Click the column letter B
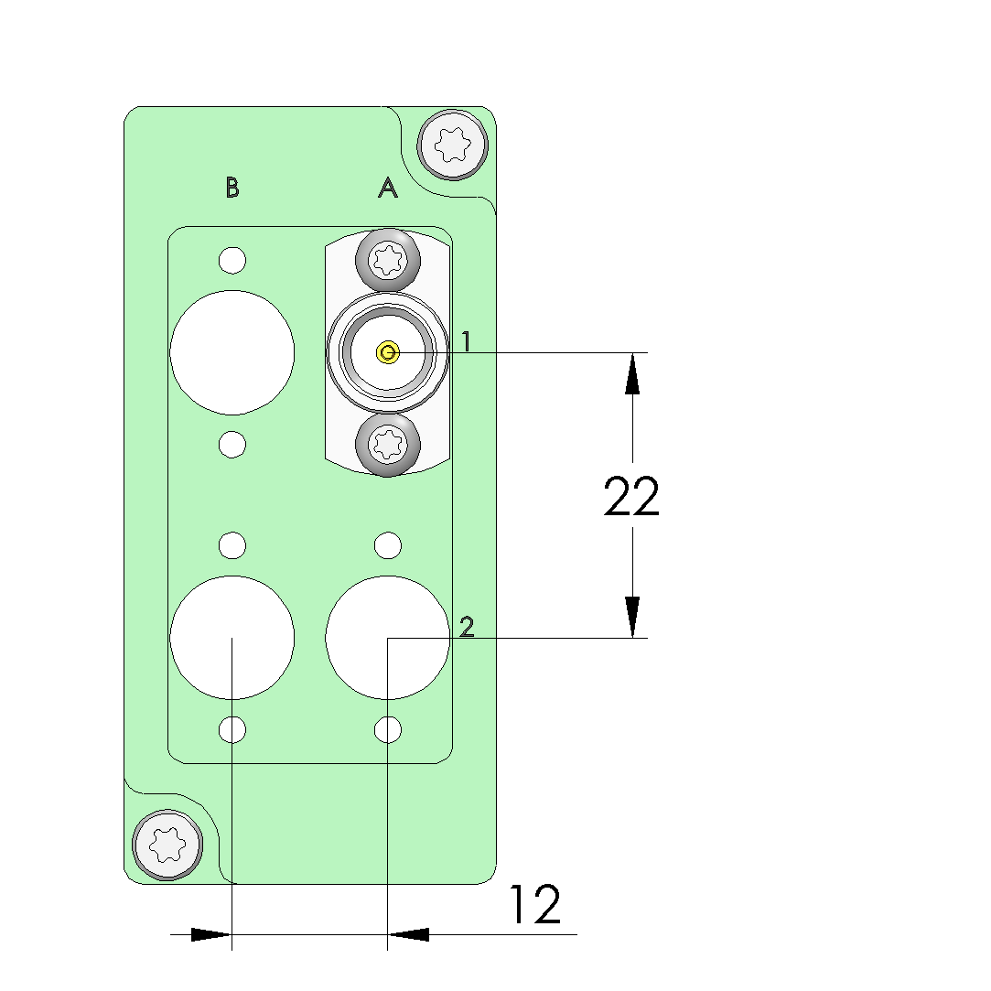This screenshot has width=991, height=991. (x=232, y=188)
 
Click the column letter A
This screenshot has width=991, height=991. (x=388, y=188)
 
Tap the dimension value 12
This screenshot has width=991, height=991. (x=534, y=905)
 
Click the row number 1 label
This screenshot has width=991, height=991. (x=466, y=342)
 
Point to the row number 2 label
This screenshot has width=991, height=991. (x=467, y=627)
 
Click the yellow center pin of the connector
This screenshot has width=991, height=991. (x=388, y=352)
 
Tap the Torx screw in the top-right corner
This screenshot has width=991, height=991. (x=452, y=144)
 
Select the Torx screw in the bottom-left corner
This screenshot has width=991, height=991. (x=167, y=845)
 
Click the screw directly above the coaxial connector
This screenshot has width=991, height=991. (x=388, y=261)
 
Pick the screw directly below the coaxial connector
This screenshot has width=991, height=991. (x=388, y=445)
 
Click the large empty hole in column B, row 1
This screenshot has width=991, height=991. (x=232, y=352)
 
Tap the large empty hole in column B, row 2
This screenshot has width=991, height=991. (x=232, y=638)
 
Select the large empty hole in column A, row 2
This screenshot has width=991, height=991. (x=388, y=638)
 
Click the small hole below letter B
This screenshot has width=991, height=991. (x=232, y=260)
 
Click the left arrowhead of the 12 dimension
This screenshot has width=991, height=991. (x=211, y=934)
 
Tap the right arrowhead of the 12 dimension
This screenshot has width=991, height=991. (x=409, y=934)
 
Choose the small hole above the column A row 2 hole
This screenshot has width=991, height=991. (x=388, y=546)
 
